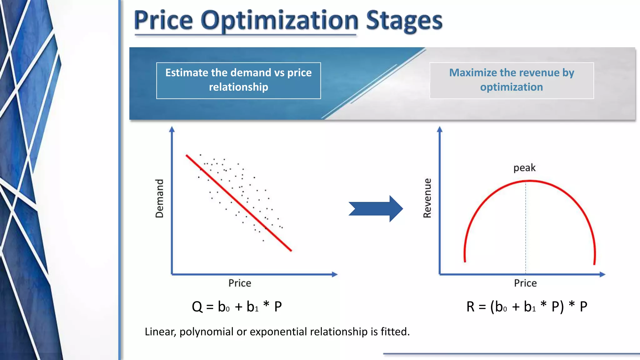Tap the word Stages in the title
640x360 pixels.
(404, 21)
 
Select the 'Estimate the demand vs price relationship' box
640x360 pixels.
(238, 80)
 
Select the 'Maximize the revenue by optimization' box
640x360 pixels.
(512, 80)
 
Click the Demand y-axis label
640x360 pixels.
(159, 198)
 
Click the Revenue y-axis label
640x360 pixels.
(427, 198)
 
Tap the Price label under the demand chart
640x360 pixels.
(240, 283)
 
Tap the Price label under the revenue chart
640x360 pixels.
(525, 283)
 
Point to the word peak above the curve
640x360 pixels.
(524, 168)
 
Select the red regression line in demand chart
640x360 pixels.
(239, 202)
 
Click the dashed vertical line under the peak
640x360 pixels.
(526, 228)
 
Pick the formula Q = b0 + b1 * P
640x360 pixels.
(237, 307)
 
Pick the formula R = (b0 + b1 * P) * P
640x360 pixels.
(527, 307)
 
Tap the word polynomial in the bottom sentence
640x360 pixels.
(206, 332)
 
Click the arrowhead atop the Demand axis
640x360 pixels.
(172, 129)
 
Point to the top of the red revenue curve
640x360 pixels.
(530, 181)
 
